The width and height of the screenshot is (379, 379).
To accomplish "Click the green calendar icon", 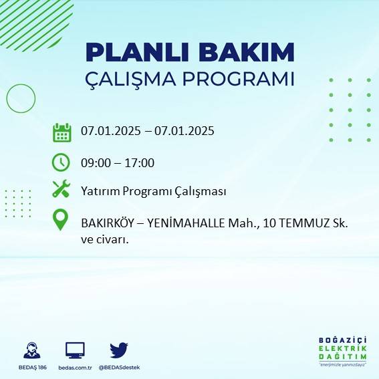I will point(61,132).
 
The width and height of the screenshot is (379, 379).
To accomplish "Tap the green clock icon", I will point(61,162).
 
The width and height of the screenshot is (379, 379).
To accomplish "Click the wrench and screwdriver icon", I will point(61,190).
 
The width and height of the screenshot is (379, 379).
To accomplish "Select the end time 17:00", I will point(140,162).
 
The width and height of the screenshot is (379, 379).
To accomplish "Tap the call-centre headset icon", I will point(30,350).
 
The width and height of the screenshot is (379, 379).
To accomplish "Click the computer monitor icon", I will point(75,350).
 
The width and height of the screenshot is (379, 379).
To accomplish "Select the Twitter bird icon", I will point(119,350).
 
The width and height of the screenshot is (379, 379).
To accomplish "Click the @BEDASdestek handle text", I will point(119,368).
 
